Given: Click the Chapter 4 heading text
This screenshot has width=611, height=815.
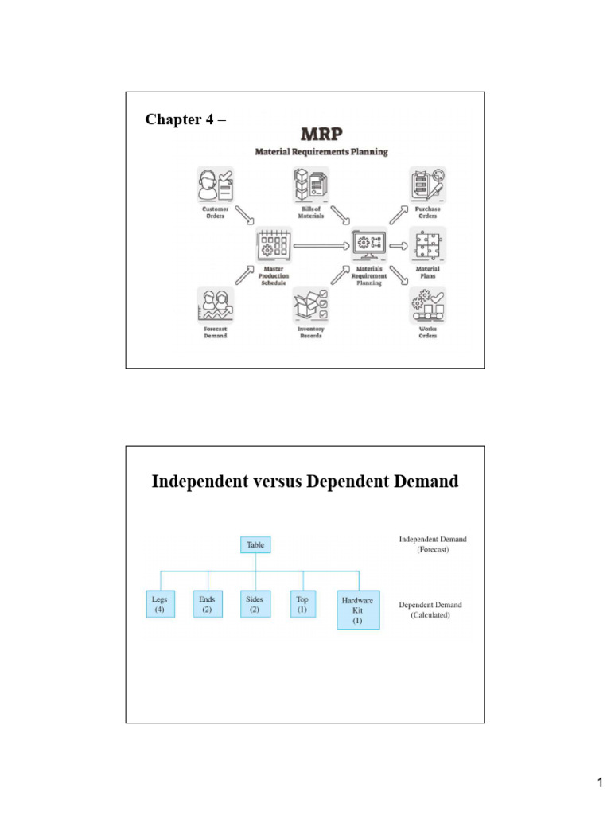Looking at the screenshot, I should tap(185, 119).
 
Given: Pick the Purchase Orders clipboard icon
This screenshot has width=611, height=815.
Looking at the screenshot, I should tap(427, 185).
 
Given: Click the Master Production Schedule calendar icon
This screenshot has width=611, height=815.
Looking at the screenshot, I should tap(272, 246).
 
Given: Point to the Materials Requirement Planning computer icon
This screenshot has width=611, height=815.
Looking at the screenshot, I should tap(369, 245).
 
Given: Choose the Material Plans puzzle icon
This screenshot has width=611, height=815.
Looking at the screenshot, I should tap(427, 245).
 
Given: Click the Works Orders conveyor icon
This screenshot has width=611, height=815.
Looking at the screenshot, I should tap(427, 306).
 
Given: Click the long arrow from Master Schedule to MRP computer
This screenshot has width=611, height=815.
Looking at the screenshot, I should tap(321, 246).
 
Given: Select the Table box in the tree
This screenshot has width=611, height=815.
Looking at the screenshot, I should tap(255, 545).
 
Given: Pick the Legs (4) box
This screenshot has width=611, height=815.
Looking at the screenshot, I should tap(160, 603).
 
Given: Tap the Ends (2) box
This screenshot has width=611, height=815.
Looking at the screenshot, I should tap(208, 603).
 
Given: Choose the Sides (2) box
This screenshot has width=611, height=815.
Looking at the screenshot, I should tap(255, 603).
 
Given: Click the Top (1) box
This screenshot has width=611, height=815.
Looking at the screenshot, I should tap(302, 603).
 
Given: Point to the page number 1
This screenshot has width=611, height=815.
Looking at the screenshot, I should tap(600, 784).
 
